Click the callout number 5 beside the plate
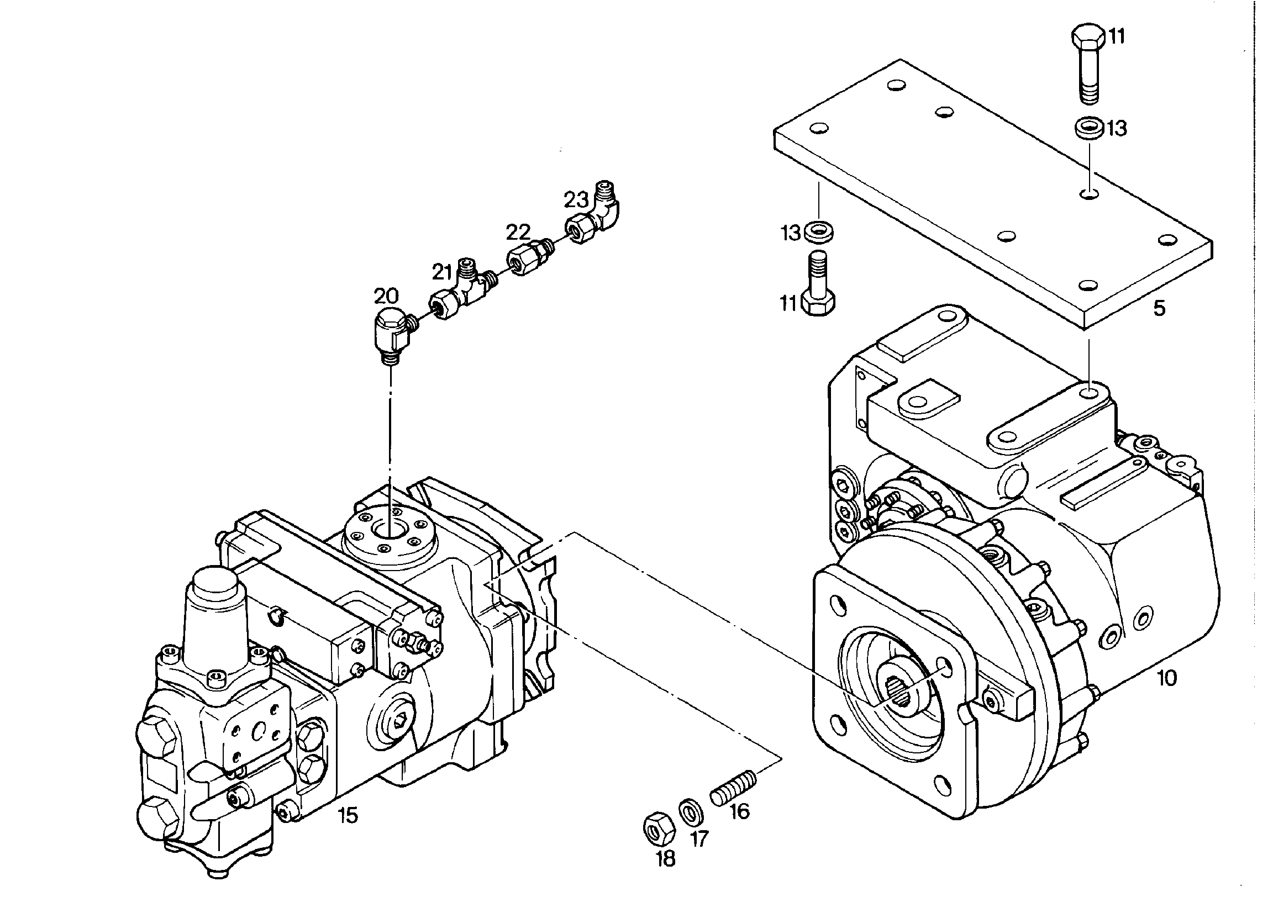(x=1159, y=309)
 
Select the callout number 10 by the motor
(x=1167, y=678)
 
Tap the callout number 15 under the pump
(x=348, y=815)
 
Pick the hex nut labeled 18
(x=659, y=830)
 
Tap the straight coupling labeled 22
(x=530, y=256)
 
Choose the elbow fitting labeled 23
(x=593, y=213)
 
